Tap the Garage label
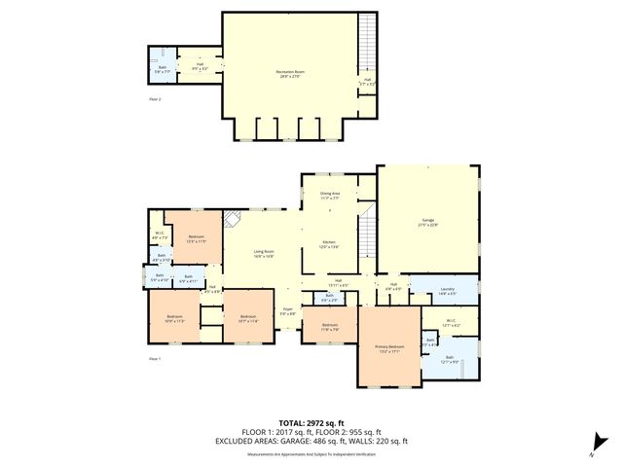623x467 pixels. [x=427, y=223]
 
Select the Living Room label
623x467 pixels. [x=261, y=256]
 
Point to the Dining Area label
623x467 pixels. [x=330, y=195]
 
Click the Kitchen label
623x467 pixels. [x=329, y=245]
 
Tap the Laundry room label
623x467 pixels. [x=448, y=290]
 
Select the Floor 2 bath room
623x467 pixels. [x=163, y=69]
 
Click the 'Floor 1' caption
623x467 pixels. [x=154, y=360]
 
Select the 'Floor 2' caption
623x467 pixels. [x=154, y=99]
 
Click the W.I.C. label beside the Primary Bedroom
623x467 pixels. [x=450, y=322]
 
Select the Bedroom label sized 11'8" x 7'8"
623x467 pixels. [x=330, y=326]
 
